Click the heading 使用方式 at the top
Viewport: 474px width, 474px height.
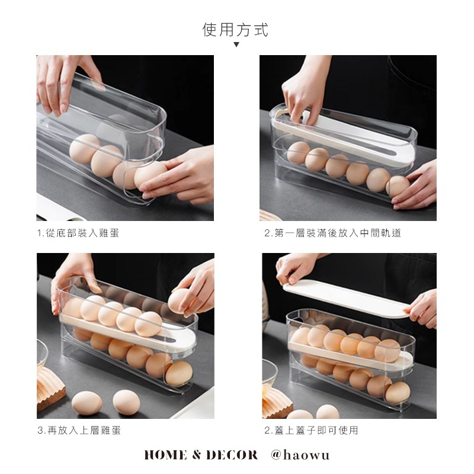[235, 30]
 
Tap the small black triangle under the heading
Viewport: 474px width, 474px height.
[236, 44]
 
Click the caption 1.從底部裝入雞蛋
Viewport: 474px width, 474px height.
[78, 233]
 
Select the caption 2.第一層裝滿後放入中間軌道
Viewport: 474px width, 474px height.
[332, 233]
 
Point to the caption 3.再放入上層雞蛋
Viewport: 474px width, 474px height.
[79, 430]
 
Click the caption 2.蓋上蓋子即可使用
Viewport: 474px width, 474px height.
[311, 430]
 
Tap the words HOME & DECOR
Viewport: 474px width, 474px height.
[201, 455]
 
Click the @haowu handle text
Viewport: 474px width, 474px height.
[300, 455]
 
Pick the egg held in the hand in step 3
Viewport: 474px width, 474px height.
[181, 301]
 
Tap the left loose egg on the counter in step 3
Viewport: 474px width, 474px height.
[87, 403]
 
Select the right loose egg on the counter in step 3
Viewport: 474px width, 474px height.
[126, 402]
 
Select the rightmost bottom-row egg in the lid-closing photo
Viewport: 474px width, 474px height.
[398, 392]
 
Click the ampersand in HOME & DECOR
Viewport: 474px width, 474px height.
[196, 455]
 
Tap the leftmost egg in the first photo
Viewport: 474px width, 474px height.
[85, 149]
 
